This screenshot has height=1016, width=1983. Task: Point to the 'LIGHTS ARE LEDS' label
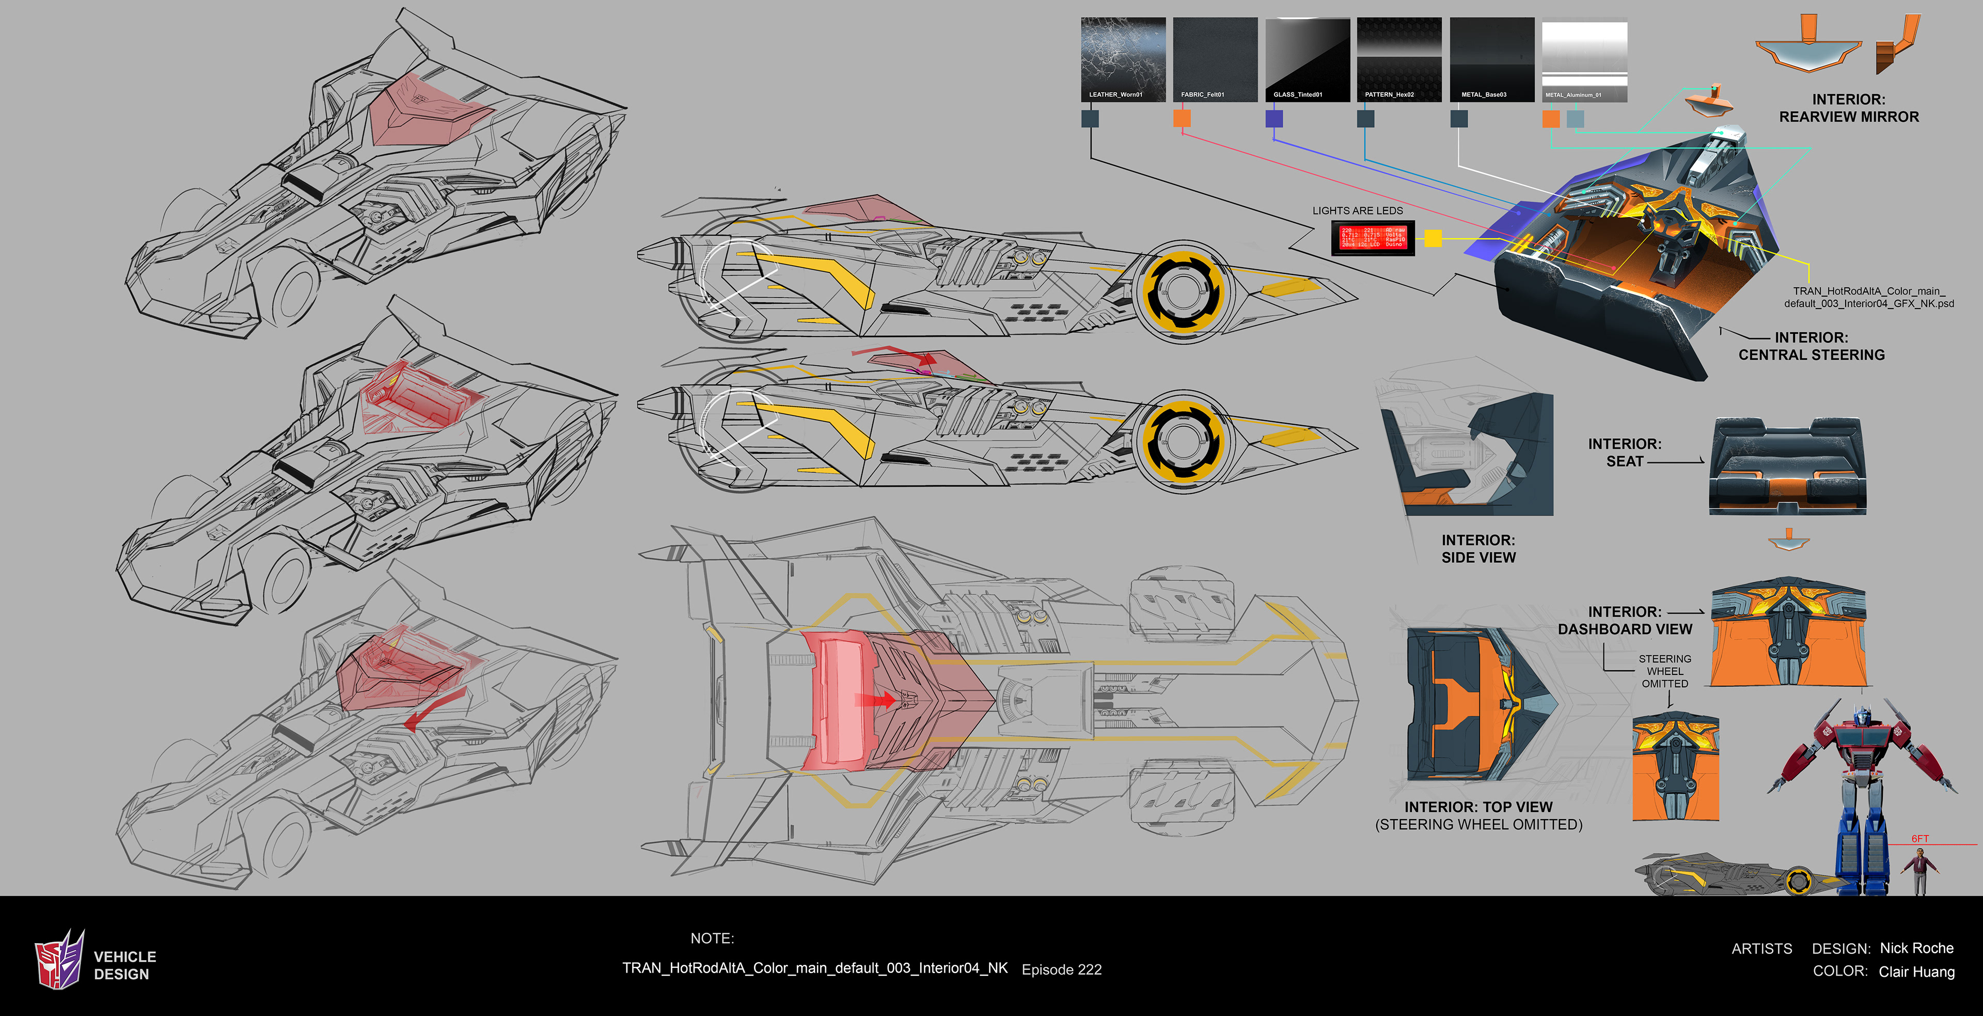tap(1357, 210)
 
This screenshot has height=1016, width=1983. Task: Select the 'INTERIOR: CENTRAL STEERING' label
tap(1812, 346)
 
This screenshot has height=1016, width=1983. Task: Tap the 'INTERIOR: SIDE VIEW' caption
tap(1478, 548)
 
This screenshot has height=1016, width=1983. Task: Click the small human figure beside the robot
tap(1920, 870)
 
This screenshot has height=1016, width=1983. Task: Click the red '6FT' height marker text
tap(1920, 838)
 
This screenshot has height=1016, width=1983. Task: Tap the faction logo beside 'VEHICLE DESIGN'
tap(59, 959)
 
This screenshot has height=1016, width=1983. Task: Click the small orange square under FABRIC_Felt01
tap(1182, 118)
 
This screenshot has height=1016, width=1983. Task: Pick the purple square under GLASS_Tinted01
tap(1274, 118)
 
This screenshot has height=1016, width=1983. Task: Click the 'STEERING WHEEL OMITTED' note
tap(1664, 671)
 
